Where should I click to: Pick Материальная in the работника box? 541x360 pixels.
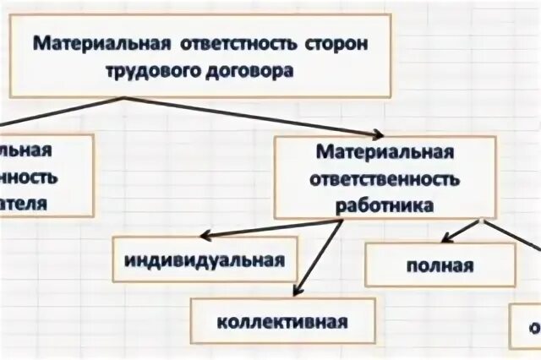(385, 153)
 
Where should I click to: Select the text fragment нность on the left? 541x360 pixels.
(29, 177)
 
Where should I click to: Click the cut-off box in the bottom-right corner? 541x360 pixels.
(527, 326)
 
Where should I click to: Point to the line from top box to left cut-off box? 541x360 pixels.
(63, 115)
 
